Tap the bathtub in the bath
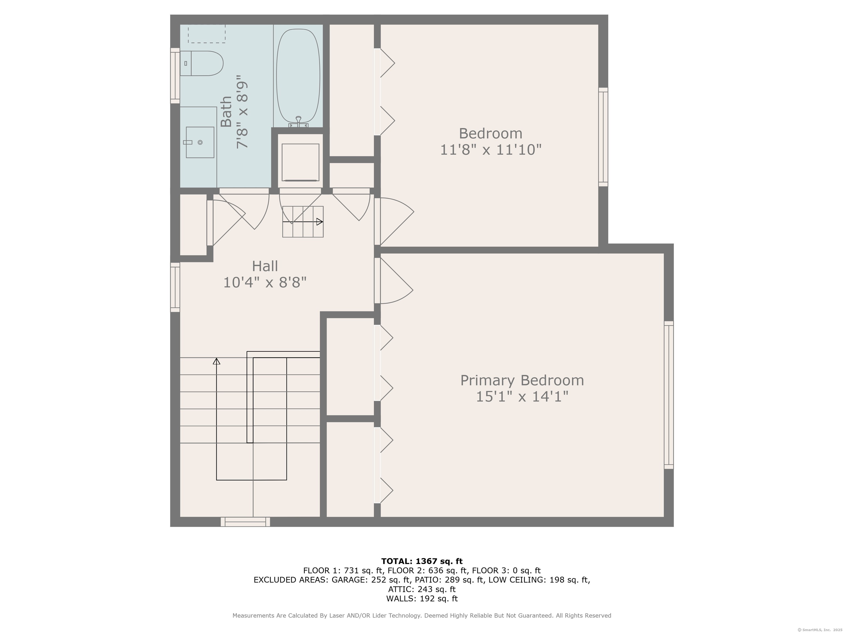pyautogui.click(x=298, y=76)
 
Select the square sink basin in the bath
pyautogui.click(x=200, y=142)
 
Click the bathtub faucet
pyautogui.click(x=298, y=122)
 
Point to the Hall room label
pyautogui.click(x=265, y=266)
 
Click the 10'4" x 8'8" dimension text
pyautogui.click(x=265, y=283)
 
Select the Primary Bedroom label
pyautogui.click(x=522, y=381)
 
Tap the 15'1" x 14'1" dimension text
pyautogui.click(x=522, y=397)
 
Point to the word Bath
pyautogui.click(x=226, y=112)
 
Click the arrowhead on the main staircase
pyautogui.click(x=216, y=361)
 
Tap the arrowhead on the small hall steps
pyautogui.click(x=320, y=222)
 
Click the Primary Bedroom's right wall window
pyautogui.click(x=669, y=395)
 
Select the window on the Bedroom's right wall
pyautogui.click(x=603, y=137)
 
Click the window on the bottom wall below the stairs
pyautogui.click(x=245, y=522)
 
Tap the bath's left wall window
pyautogui.click(x=175, y=76)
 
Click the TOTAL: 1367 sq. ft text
pyautogui.click(x=422, y=561)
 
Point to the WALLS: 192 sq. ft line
pyautogui.click(x=422, y=599)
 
